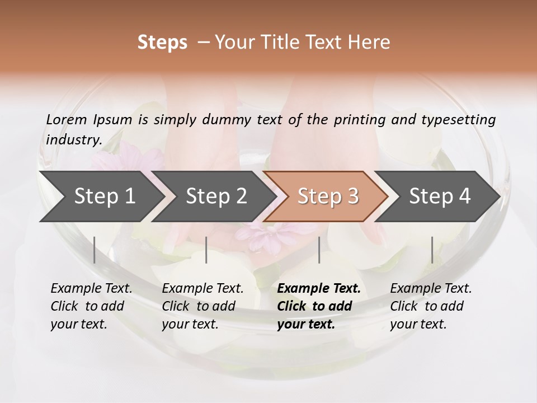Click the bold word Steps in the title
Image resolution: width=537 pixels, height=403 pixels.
coord(162,43)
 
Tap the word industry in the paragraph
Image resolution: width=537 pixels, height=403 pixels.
coord(73,139)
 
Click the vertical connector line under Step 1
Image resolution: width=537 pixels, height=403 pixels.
coord(95,250)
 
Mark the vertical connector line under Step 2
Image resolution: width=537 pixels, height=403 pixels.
coord(206,250)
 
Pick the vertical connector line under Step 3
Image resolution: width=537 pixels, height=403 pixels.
coord(319,250)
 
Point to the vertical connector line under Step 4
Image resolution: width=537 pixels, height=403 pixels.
coord(432,250)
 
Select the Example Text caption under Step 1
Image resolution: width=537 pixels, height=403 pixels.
coord(91,289)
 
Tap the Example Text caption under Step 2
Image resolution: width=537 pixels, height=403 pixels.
coord(202,289)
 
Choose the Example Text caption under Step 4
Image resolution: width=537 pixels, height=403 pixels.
coord(431,289)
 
